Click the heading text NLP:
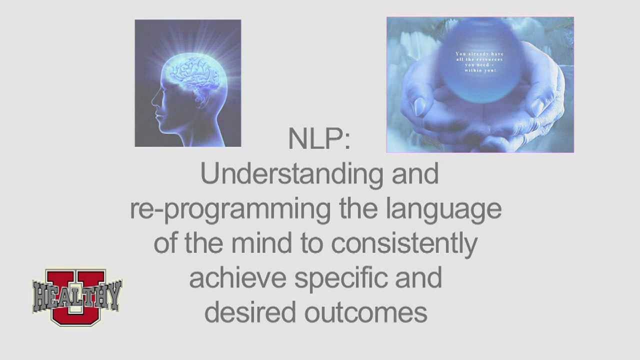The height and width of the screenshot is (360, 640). coord(319,139)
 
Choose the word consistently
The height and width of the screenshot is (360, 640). coord(404,243)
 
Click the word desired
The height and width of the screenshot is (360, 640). coord(250,312)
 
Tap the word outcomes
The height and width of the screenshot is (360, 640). coord(365,312)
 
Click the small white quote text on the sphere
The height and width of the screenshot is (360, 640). coord(479,62)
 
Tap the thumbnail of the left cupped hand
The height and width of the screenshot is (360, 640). coord(419,106)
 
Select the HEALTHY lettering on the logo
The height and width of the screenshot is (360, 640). coord(77,295)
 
